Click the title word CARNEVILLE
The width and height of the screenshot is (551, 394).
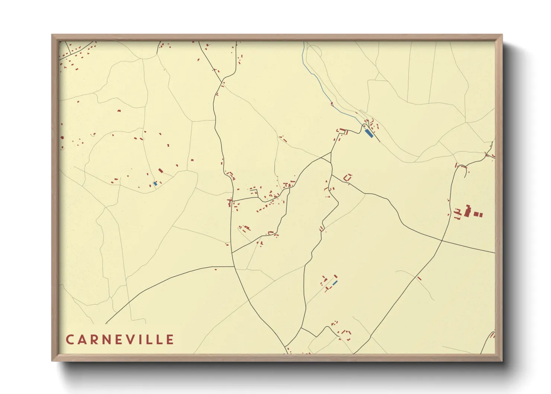(x=120, y=340)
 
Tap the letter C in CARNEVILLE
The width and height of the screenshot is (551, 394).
(x=70, y=340)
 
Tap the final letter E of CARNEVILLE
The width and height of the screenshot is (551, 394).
(x=170, y=340)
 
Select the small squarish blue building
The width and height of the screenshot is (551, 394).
(x=155, y=184)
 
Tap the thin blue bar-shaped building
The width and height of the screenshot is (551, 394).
(x=335, y=283)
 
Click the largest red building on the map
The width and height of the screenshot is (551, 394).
(x=467, y=211)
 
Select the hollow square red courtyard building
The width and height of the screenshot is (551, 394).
(x=348, y=178)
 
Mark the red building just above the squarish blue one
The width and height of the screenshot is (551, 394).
(x=160, y=171)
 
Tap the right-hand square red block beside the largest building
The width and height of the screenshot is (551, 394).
(x=480, y=215)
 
